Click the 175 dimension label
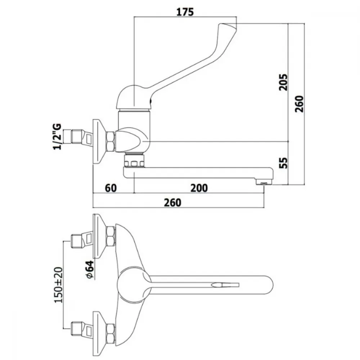point(185,12)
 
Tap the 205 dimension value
point(283,82)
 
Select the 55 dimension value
point(284,163)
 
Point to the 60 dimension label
point(111,188)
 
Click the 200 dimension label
point(199,188)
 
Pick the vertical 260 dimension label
point(299,104)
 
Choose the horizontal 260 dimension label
point(173,202)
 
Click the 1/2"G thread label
point(57,136)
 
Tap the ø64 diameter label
point(90,270)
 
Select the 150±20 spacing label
point(58,285)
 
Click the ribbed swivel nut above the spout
point(134,160)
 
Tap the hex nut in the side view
point(111,141)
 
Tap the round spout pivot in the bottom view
point(134,285)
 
